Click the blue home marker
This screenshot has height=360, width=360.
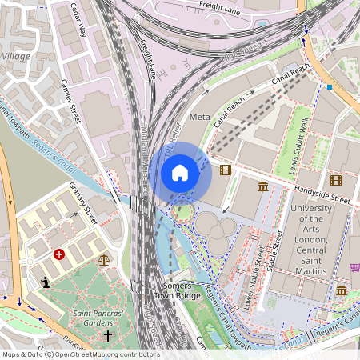tap(180, 173)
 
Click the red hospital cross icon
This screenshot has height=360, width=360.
tap(58, 254)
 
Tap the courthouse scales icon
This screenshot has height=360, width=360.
tap(103, 259)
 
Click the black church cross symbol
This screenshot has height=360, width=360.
tap(108, 335)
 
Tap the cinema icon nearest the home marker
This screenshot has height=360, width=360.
tap(225, 170)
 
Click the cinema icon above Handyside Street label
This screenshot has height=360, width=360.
tap(335, 180)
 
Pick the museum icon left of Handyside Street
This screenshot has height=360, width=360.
tap(264, 187)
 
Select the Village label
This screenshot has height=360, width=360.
tap(16, 56)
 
